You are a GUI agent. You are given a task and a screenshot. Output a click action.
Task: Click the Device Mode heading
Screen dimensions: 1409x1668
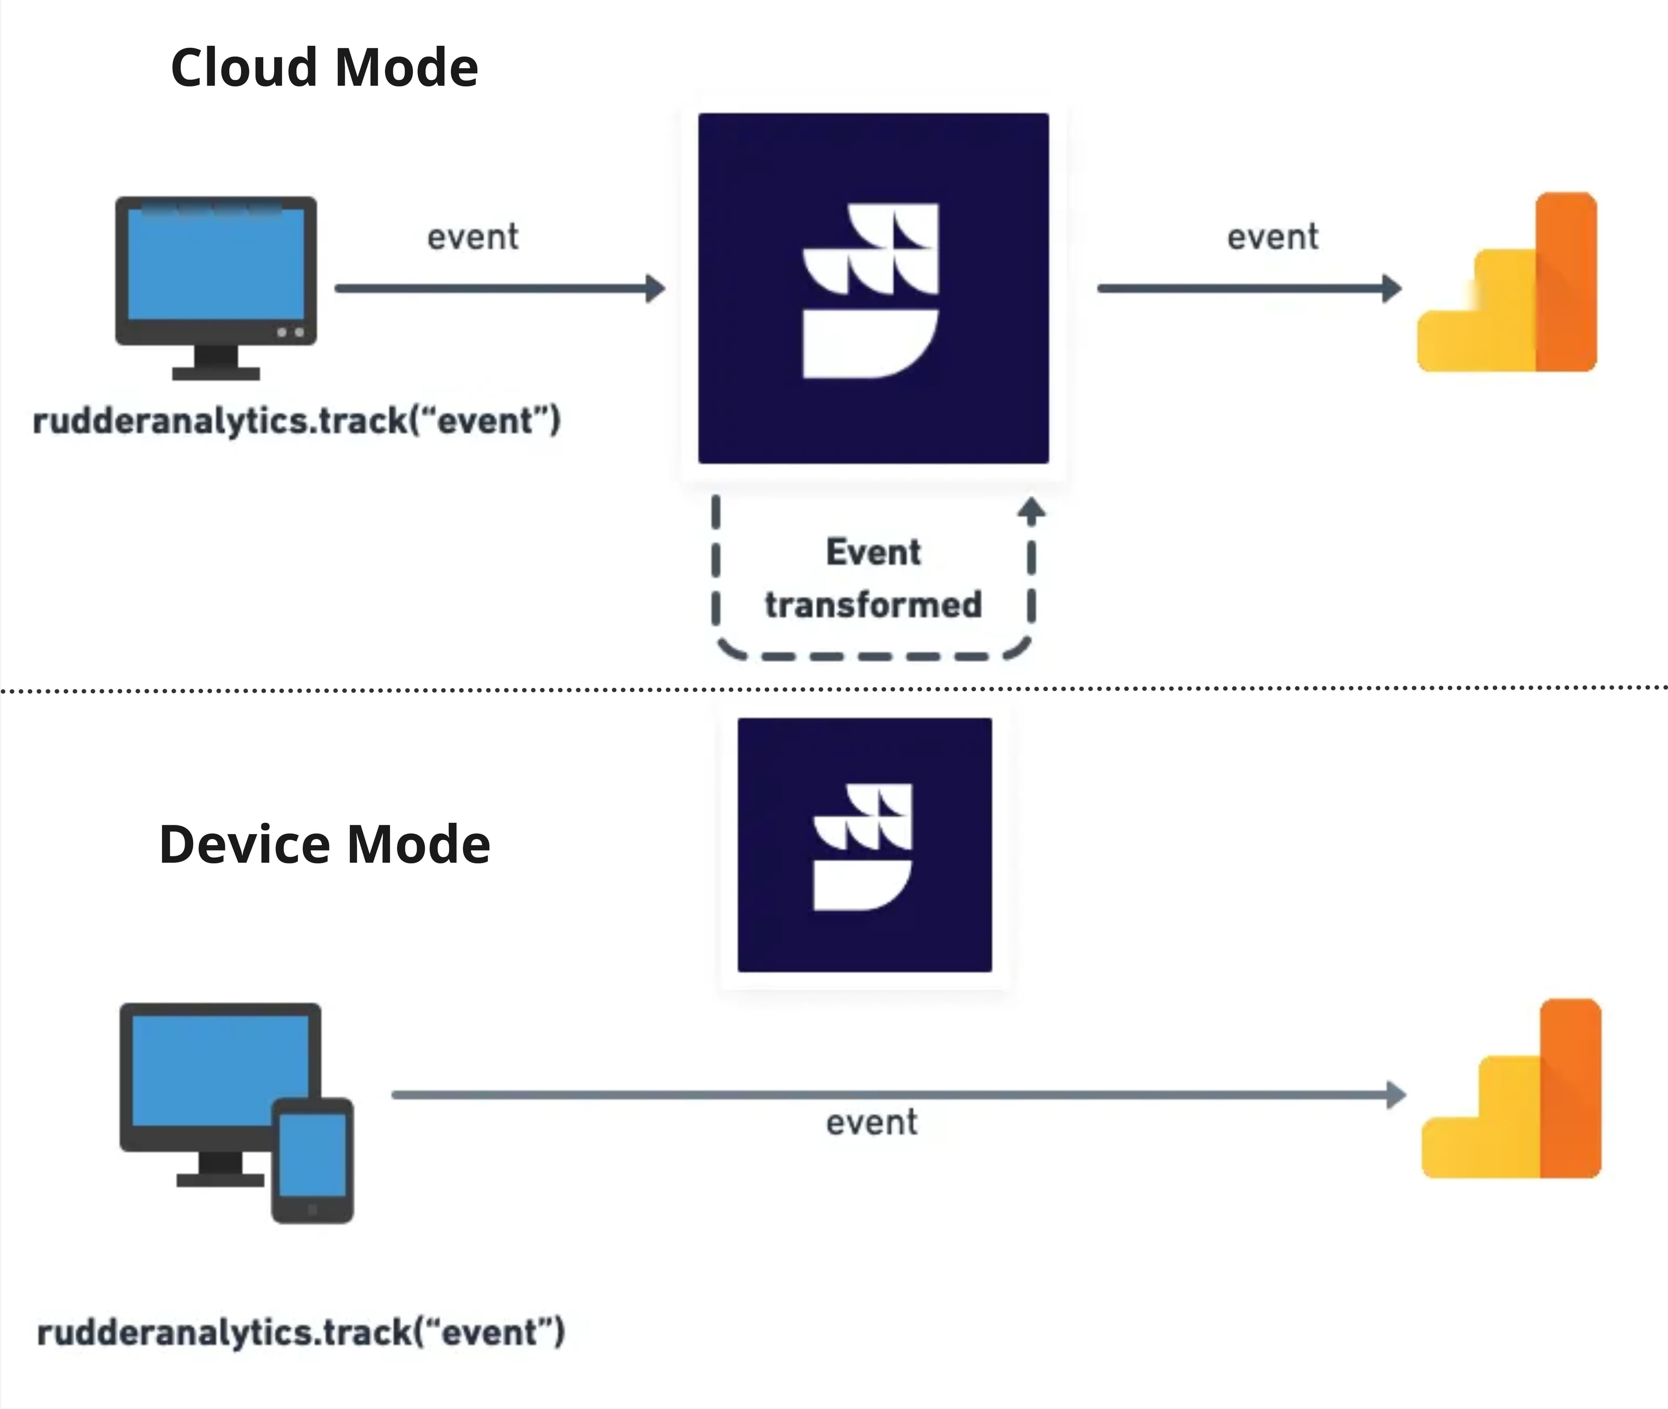pyautogui.click(x=324, y=844)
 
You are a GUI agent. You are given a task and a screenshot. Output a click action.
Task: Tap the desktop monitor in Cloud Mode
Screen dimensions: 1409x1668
pyautogui.click(x=216, y=268)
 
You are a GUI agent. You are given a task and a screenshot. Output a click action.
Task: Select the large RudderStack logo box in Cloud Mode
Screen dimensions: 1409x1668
pyautogui.click(x=873, y=288)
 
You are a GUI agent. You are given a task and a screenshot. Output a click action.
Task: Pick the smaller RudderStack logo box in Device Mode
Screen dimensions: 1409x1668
pyautogui.click(x=864, y=845)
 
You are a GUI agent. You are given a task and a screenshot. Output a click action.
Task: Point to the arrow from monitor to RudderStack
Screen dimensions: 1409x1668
pyautogui.click(x=499, y=288)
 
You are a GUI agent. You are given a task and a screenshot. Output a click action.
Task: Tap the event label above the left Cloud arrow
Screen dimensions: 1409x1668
pyautogui.click(x=473, y=237)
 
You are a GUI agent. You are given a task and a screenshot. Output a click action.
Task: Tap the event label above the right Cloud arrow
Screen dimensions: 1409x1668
pyautogui.click(x=1273, y=237)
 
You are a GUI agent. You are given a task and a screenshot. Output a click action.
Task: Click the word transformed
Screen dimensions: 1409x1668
pyautogui.click(x=873, y=605)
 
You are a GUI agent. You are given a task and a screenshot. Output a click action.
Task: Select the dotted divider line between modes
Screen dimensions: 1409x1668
pyautogui.click(x=834, y=688)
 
